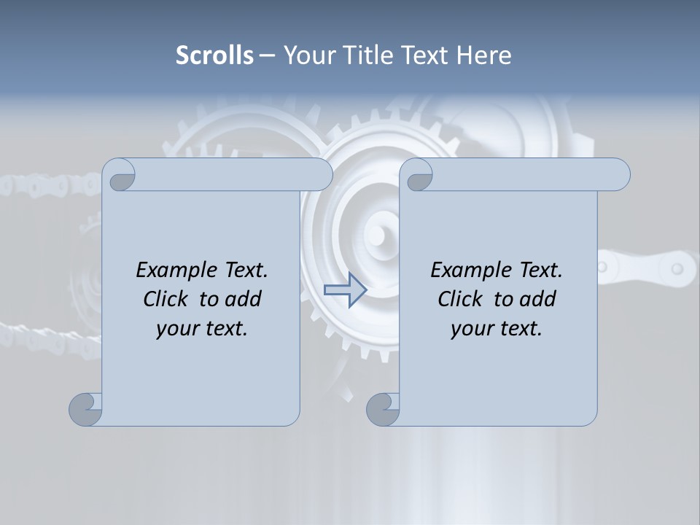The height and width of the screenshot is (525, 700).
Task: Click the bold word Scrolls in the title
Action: (214, 55)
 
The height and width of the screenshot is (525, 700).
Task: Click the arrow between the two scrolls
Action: (345, 290)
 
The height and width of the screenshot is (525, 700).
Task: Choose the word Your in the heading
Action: (308, 55)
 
